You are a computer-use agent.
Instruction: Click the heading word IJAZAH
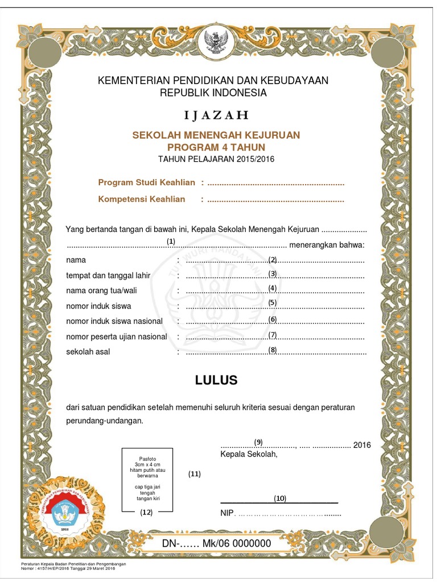tap(216, 115)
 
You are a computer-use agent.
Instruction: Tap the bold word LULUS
tap(216, 380)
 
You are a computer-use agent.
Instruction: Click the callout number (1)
tap(171, 241)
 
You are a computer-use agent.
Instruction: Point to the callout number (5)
tap(273, 302)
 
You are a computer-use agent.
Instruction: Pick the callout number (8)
tap(273, 350)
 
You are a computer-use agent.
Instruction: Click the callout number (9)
tap(258, 442)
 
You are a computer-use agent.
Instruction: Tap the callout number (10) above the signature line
tap(279, 498)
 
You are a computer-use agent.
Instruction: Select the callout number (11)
tap(195, 473)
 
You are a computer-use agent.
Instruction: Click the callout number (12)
tap(147, 512)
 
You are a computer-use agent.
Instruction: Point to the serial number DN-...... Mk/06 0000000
tap(216, 543)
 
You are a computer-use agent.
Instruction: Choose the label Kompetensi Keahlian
tap(142, 199)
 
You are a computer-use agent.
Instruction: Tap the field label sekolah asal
tap(88, 352)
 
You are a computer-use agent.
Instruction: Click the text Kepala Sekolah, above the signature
tap(249, 454)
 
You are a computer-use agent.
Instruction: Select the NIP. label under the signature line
tap(227, 514)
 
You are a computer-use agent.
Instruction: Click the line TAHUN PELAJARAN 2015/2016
tap(216, 159)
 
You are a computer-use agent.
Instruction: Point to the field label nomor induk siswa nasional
tap(114, 321)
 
